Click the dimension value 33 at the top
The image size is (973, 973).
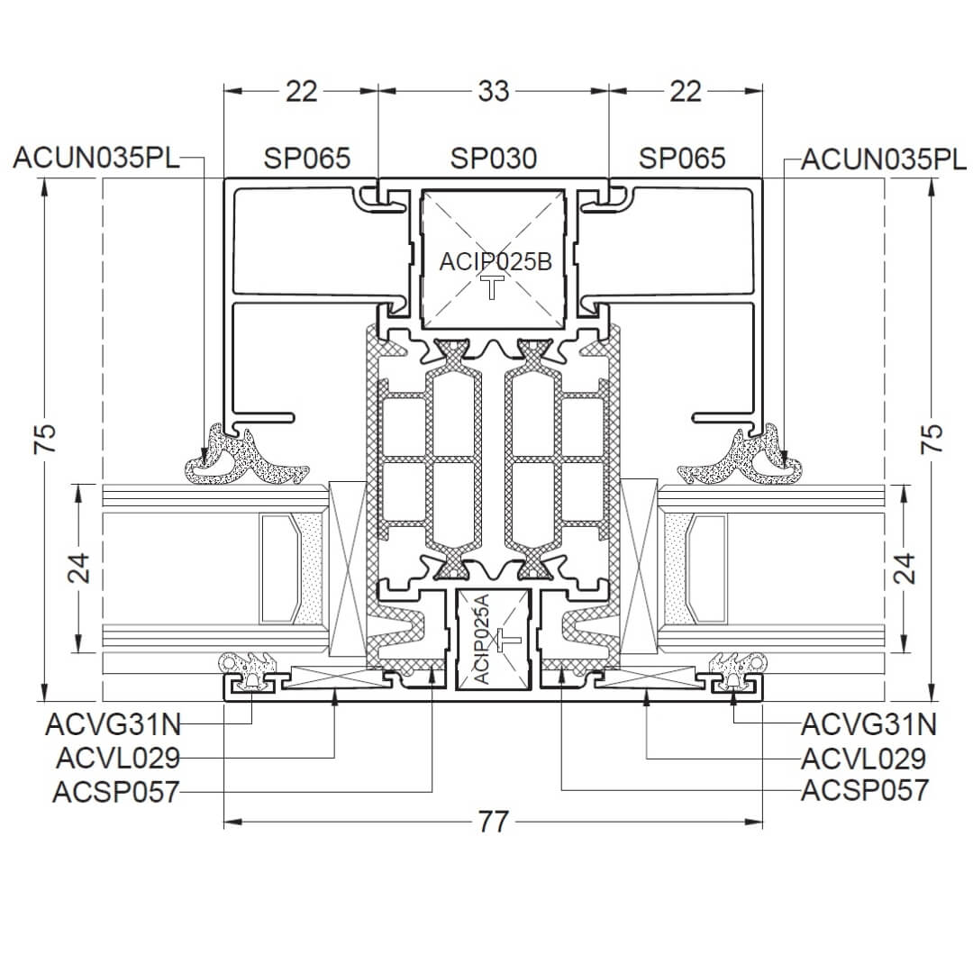tap(494, 92)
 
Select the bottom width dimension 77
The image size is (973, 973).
tap(494, 823)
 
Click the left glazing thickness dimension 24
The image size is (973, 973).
tap(78, 568)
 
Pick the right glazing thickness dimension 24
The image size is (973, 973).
tap(906, 568)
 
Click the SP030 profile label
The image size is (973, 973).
tap(494, 159)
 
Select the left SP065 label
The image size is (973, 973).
tap(307, 159)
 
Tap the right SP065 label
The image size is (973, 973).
tap(682, 159)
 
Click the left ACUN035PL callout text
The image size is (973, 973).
tap(96, 159)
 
